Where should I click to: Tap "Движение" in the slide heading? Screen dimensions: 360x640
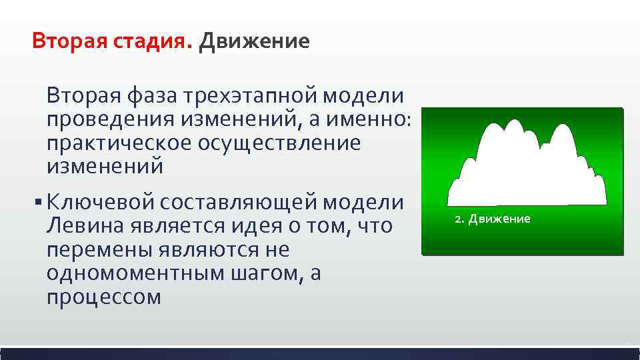253,42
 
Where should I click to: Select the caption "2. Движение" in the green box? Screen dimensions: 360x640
493,219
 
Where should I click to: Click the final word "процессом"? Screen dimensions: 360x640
104,297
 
